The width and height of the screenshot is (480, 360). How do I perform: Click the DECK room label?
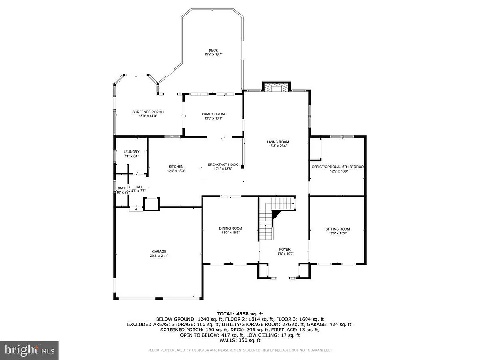click(x=213, y=50)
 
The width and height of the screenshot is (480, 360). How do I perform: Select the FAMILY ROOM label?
click(x=213, y=114)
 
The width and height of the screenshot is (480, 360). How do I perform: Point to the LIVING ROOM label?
click(x=278, y=142)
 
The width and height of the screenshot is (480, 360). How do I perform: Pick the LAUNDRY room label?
click(x=131, y=152)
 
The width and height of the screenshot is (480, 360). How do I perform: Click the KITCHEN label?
click(x=176, y=166)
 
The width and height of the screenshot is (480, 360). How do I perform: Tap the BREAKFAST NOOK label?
click(x=223, y=165)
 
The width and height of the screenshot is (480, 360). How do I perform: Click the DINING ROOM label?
click(x=230, y=228)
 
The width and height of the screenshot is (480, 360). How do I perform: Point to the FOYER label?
click(x=285, y=249)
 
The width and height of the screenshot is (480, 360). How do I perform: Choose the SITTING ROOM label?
click(x=337, y=229)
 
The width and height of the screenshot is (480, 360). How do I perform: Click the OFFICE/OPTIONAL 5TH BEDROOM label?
click(x=337, y=167)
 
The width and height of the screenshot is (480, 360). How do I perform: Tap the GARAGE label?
click(x=158, y=251)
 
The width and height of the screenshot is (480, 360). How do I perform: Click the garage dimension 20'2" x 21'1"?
click(x=158, y=256)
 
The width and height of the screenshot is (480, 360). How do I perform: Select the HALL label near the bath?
click(x=138, y=187)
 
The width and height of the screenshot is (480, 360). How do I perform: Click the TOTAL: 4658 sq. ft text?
click(x=240, y=314)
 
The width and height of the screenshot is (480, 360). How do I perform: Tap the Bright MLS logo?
click(x=29, y=350)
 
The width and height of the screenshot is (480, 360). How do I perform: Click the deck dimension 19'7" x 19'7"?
click(x=213, y=55)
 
